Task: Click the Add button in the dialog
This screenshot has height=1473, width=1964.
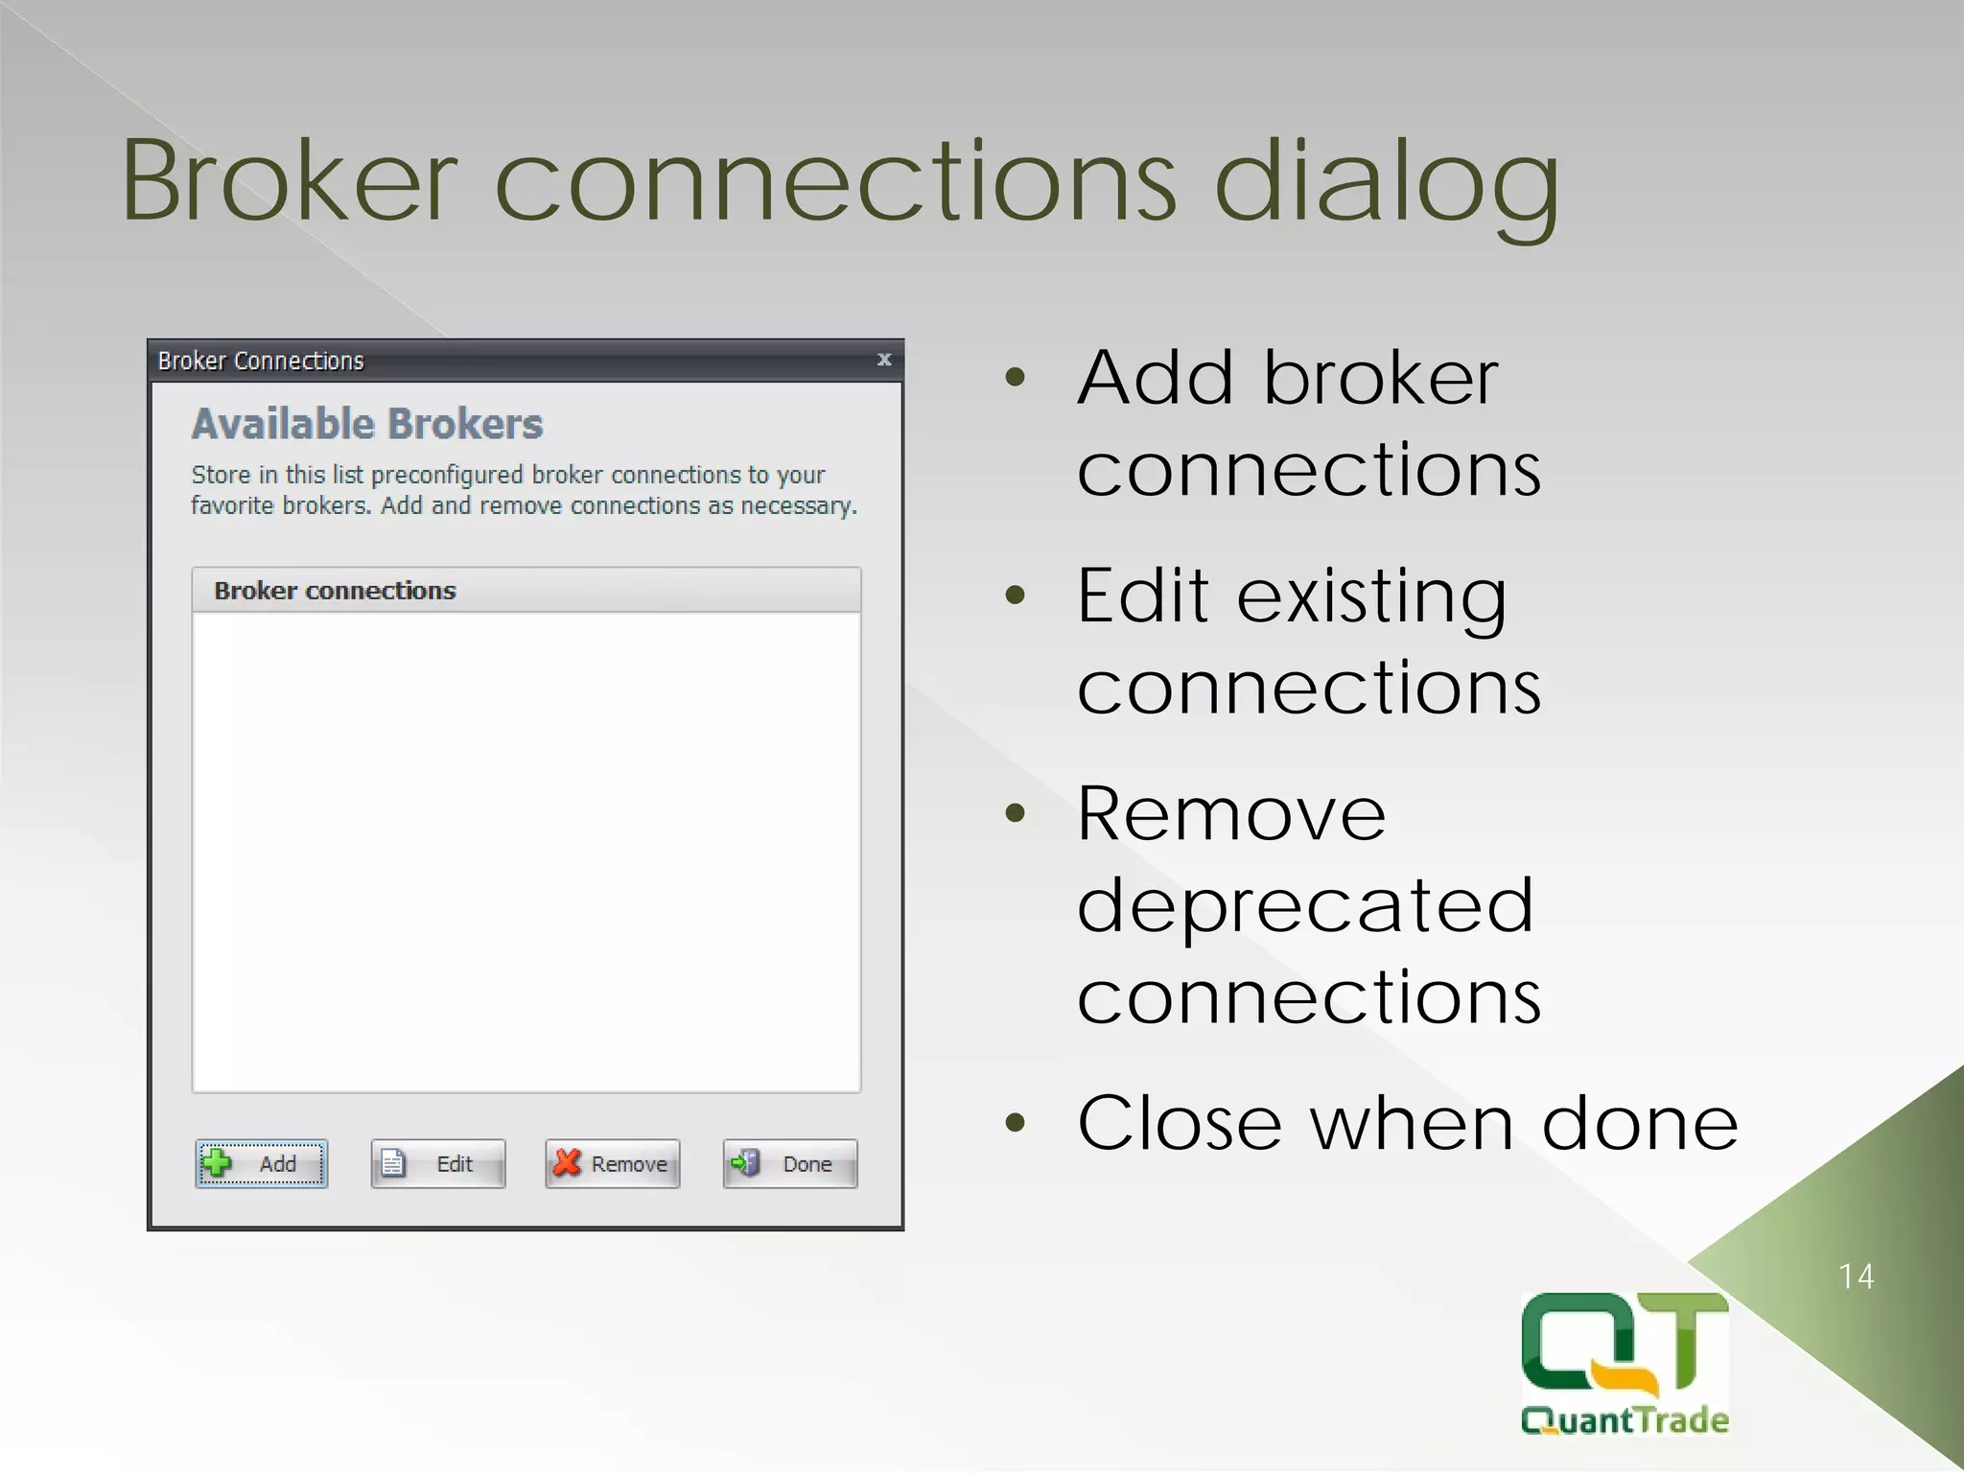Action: [x=262, y=1163]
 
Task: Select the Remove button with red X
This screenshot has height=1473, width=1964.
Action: [x=613, y=1163]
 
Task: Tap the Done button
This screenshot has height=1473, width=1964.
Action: [x=790, y=1163]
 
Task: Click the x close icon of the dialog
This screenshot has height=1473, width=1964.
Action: [x=884, y=360]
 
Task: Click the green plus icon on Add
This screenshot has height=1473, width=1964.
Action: [x=218, y=1162]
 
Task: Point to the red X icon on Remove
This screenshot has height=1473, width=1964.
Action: [x=568, y=1162]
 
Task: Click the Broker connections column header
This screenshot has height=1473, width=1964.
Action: [x=335, y=591]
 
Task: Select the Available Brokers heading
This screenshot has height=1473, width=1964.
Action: [x=367, y=424]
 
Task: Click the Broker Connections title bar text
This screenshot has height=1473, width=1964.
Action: [x=261, y=361]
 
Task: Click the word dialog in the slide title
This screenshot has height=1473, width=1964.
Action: [x=1386, y=182]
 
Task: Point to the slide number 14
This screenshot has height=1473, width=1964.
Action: [x=1856, y=1276]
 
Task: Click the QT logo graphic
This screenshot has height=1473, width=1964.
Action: [x=1625, y=1343]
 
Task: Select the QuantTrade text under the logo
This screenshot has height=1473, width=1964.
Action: [x=1625, y=1420]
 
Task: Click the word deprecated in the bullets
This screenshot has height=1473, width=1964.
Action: [x=1305, y=905]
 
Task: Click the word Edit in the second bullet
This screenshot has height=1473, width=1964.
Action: [x=1141, y=596]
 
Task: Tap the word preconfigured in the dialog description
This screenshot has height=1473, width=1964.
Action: [x=446, y=475]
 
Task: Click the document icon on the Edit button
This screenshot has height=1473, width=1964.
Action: [x=393, y=1163]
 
